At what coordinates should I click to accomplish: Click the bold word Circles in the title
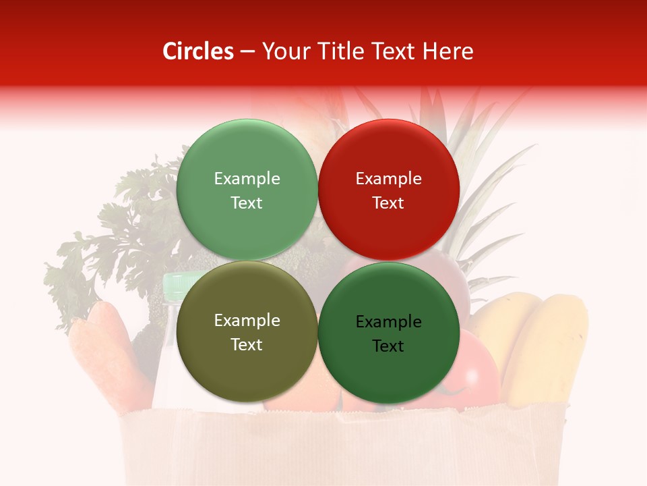click(198, 51)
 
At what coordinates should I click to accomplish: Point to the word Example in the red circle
click(388, 179)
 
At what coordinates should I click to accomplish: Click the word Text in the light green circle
click(247, 203)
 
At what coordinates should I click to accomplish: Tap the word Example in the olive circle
click(247, 321)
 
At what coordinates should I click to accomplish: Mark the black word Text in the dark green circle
click(388, 346)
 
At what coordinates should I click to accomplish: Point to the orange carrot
click(108, 351)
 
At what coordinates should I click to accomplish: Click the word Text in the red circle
click(388, 203)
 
